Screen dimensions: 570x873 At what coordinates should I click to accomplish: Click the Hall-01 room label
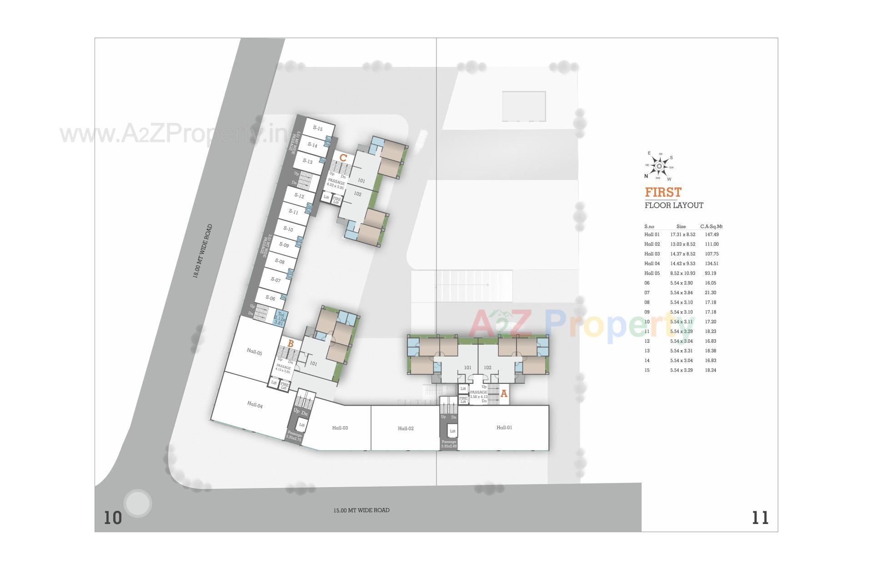tap(504, 427)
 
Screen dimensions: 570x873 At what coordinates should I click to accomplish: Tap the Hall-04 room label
tap(255, 404)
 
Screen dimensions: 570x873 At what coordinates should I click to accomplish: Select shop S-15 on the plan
tap(317, 128)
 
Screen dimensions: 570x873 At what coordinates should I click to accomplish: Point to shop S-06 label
tap(270, 298)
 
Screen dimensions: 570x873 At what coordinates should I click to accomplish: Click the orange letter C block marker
tap(343, 158)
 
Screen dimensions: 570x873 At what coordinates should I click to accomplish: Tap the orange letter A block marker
tap(503, 394)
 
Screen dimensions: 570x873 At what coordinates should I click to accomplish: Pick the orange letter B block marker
tap(290, 344)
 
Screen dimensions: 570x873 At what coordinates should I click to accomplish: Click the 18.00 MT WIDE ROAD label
tap(202, 251)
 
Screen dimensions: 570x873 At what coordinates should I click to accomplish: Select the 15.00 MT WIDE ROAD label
tap(361, 510)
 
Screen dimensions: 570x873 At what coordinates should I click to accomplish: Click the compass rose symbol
tap(659, 166)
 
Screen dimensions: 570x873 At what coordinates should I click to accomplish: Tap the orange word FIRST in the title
tap(663, 192)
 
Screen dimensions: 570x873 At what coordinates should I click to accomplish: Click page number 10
tap(113, 518)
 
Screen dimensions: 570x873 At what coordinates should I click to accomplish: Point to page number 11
tap(760, 518)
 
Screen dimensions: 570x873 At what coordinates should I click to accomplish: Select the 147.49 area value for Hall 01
tap(712, 234)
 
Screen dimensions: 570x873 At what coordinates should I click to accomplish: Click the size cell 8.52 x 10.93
tap(682, 273)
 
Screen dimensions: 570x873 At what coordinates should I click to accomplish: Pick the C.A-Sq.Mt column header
tap(711, 226)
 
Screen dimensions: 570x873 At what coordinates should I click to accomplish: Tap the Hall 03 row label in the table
tap(652, 254)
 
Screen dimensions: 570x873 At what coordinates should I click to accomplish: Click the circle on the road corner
tap(137, 504)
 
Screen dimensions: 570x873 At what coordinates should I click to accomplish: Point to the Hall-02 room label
tap(406, 428)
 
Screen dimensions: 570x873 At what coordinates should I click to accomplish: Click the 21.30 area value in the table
tap(710, 293)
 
